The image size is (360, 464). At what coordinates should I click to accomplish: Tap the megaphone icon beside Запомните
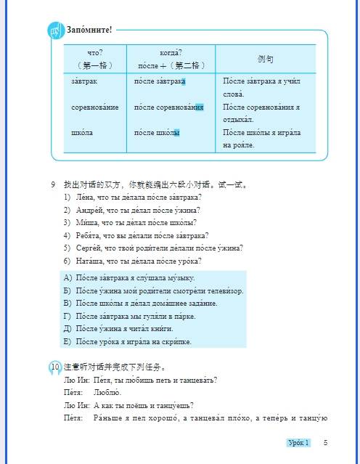(56, 30)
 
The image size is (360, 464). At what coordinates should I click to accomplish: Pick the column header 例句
(266, 58)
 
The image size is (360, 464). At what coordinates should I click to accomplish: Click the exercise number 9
(53, 184)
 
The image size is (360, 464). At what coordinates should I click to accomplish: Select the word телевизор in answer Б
(221, 290)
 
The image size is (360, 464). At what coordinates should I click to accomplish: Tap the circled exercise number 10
(55, 367)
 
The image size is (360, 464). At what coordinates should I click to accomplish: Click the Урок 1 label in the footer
(297, 443)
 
